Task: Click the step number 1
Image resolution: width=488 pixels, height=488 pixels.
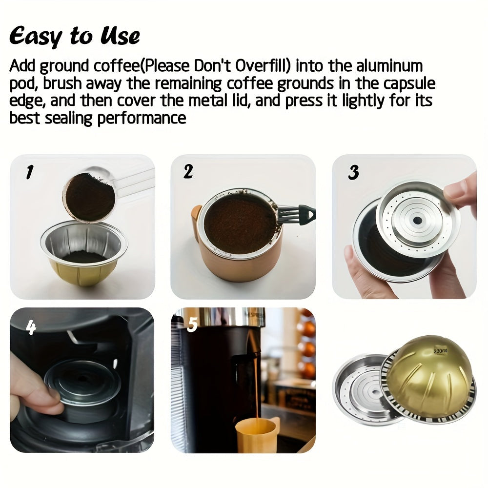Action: coord(30,172)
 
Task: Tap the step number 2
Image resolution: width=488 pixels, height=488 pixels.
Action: coord(188,171)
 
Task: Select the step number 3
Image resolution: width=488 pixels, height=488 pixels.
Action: coord(354,172)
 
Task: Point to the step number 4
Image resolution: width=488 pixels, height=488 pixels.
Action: coord(31,328)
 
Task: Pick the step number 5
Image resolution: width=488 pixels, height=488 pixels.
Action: coord(192,325)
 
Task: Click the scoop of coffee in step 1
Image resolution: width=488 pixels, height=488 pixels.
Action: coord(90,196)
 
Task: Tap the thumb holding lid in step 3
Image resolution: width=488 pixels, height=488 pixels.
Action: coord(461,190)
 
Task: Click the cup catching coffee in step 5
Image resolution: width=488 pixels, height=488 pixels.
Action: coord(255,434)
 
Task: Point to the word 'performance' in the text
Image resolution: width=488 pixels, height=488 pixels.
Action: coord(142,118)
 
